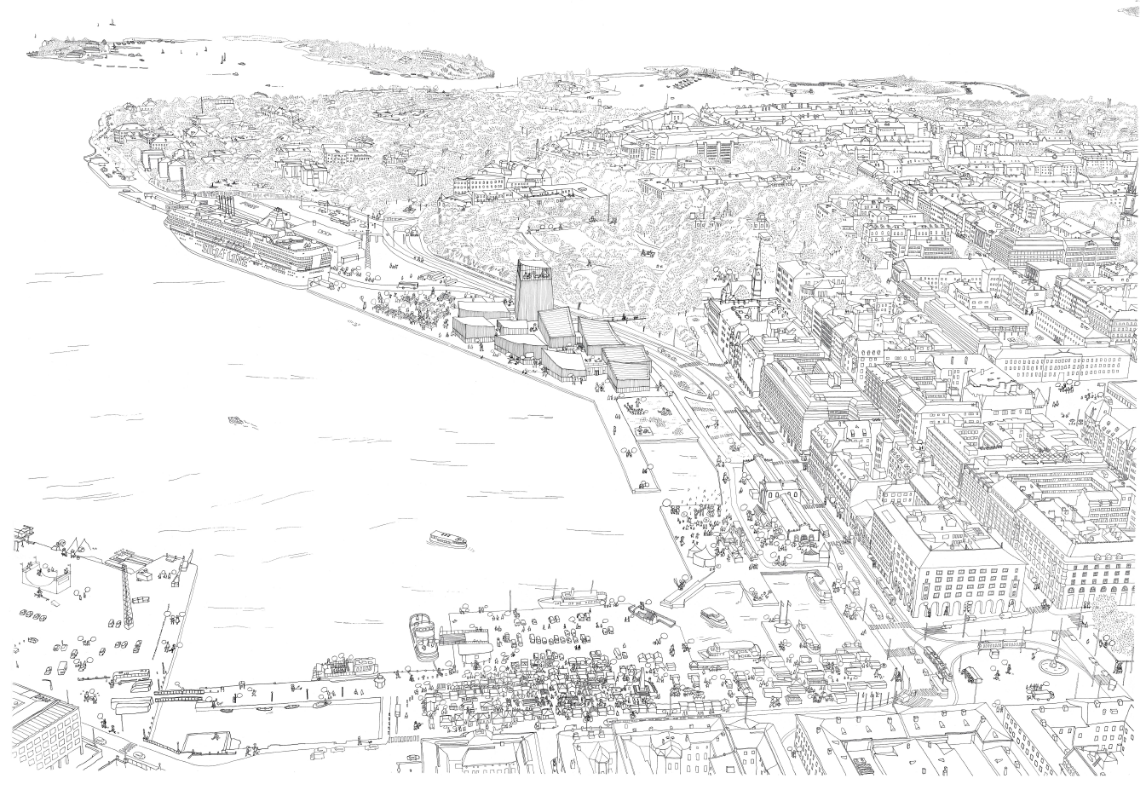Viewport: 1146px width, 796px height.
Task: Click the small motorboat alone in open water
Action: tap(235, 420)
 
